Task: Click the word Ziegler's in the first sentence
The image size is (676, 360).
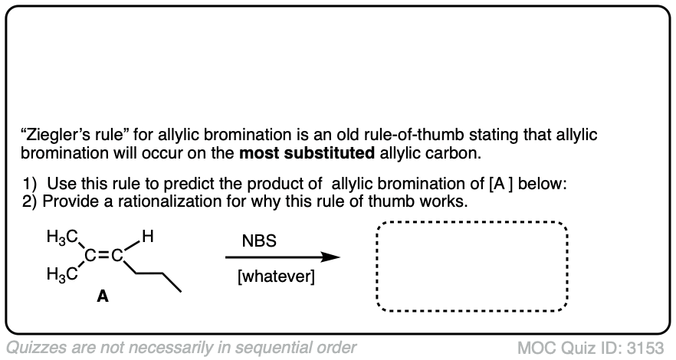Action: coord(54,135)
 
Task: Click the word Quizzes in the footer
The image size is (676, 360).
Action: coord(34,346)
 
